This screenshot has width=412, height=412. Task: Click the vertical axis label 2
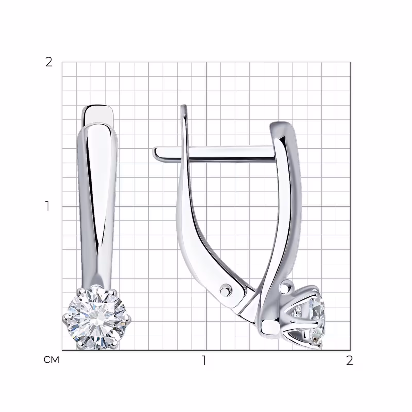pos(49,62)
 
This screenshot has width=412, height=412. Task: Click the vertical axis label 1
pos(47,206)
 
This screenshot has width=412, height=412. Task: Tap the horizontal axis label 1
pos(204,360)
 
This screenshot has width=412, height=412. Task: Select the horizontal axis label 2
pos(349,360)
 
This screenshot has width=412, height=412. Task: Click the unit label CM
pos(51,360)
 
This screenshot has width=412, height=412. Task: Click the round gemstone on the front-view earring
pos(97,317)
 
